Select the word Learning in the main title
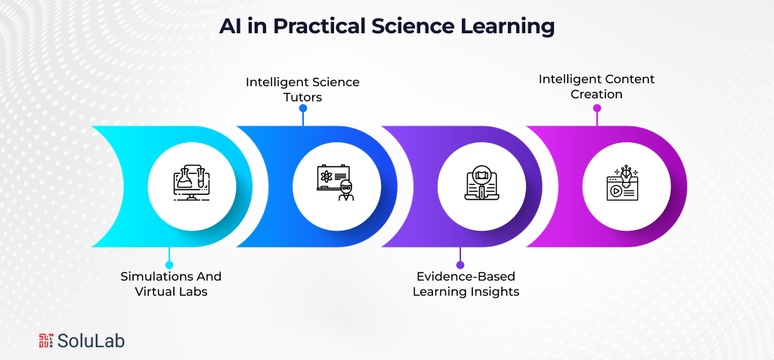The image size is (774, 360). [x=512, y=26]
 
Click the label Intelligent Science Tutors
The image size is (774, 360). [x=302, y=89]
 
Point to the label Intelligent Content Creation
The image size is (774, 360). [x=596, y=86]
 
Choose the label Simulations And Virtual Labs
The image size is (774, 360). [x=171, y=284]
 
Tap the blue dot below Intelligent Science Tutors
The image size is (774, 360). [x=302, y=108]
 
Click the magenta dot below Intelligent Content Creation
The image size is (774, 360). [x=596, y=108]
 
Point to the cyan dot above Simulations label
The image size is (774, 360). [x=169, y=265]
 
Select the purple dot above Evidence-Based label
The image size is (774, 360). [x=460, y=265]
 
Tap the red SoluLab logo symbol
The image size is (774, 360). [x=48, y=341]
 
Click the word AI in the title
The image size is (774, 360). [x=231, y=26]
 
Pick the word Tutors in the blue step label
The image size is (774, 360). [x=302, y=97]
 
